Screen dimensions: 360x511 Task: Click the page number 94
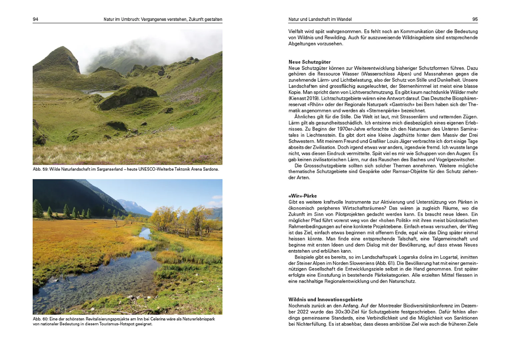pyautogui.click(x=35, y=19)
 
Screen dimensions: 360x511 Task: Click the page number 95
pyautogui.click(x=475, y=19)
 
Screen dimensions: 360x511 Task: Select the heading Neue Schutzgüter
pyautogui.click(x=309, y=62)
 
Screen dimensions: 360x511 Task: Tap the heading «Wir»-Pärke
pyautogui.click(x=302, y=196)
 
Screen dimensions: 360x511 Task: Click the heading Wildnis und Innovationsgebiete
pyautogui.click(x=325, y=300)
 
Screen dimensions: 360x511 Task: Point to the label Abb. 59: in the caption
pyautogui.click(x=40, y=169)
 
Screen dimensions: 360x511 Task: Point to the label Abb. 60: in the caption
pyautogui.click(x=40, y=319)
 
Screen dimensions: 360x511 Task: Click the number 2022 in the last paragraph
pyautogui.click(x=303, y=312)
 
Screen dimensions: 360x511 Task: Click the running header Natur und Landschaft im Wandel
pyautogui.click(x=320, y=19)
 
